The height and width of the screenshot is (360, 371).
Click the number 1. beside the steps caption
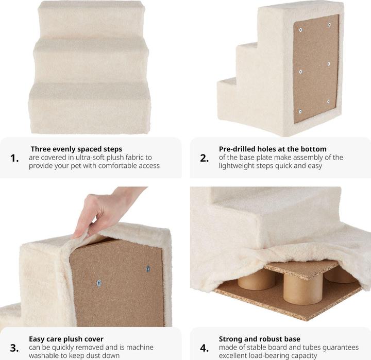[x=14, y=158]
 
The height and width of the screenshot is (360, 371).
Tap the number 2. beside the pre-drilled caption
[x=204, y=158]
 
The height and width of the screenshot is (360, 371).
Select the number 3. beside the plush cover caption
[x=14, y=348]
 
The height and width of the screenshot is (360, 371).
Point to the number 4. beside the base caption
[x=204, y=348]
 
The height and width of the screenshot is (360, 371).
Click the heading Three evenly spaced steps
[x=76, y=149]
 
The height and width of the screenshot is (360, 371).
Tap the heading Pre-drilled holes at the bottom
[x=273, y=149]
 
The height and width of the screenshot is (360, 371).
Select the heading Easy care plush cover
[x=66, y=339]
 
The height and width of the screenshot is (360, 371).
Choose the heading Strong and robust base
[x=260, y=339]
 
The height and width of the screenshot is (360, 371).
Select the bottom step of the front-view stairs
[x=90, y=109]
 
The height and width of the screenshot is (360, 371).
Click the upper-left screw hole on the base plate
[x=300, y=30]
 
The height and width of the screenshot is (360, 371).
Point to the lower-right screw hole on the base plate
[x=328, y=101]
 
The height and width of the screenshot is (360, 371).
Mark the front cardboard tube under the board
[x=303, y=288]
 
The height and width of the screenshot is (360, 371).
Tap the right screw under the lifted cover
[x=148, y=269]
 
